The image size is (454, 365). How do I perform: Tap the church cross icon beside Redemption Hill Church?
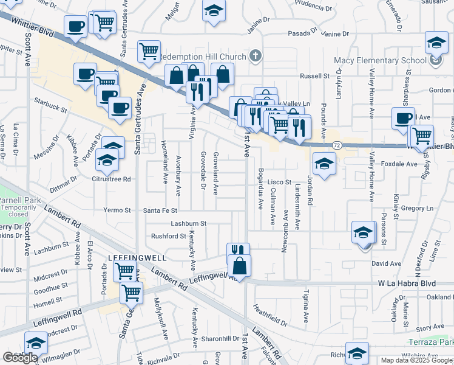point(256,57)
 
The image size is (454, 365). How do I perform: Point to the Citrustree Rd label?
point(110,179)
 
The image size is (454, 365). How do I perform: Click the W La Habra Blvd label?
point(407,283)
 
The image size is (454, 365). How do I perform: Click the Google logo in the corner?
point(19,358)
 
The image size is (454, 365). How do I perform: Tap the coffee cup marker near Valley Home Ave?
point(403,118)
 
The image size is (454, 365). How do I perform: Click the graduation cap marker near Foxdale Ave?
point(325,164)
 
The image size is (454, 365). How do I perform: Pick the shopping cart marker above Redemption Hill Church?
point(149,52)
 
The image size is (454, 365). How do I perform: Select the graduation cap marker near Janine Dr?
point(214,11)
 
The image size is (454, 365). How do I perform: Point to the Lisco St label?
point(280,182)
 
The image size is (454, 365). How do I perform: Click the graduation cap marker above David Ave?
point(364,233)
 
